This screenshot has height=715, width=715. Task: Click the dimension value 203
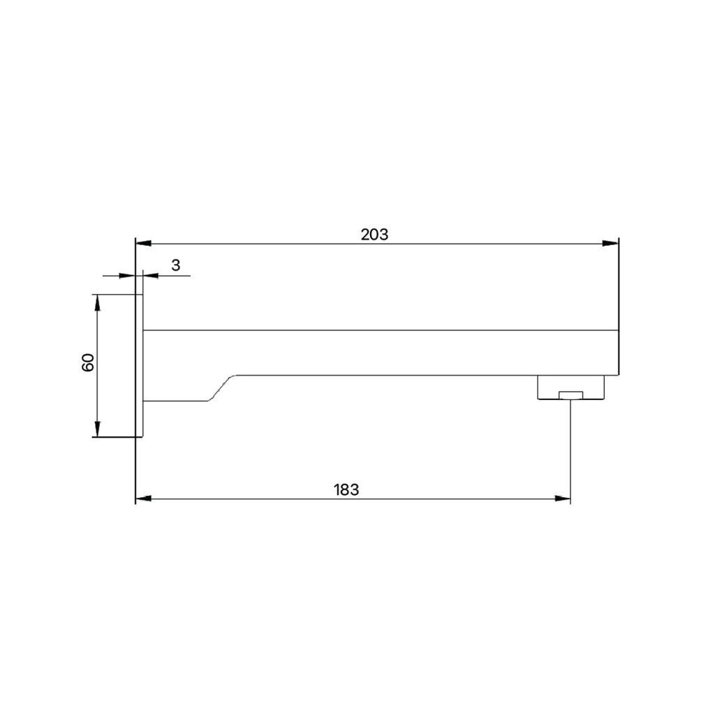[x=374, y=235]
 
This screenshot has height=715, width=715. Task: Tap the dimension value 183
[x=346, y=489]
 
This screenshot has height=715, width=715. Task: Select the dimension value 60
[x=87, y=362]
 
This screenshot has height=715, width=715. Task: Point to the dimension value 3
[x=176, y=265]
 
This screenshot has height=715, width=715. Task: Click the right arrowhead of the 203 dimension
[x=610, y=243]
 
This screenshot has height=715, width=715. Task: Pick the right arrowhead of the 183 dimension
[x=562, y=499]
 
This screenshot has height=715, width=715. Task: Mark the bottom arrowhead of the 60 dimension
[x=97, y=429]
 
